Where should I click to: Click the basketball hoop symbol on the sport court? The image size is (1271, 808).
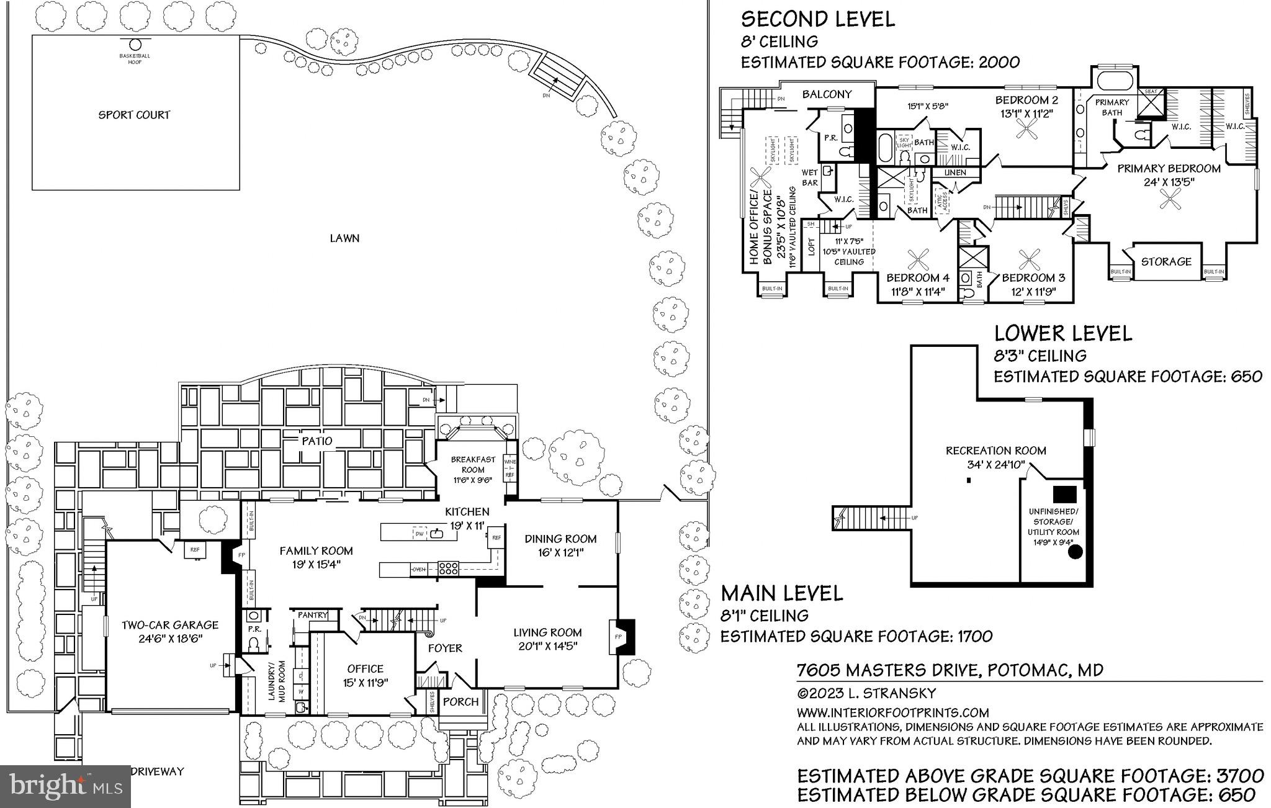pos(135,45)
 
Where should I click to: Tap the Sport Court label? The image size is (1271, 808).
pos(134,115)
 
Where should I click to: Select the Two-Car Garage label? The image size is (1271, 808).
pos(170,625)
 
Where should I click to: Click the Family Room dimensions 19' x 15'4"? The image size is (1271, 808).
pos(316,564)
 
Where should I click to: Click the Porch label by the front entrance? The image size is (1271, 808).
pos(461,702)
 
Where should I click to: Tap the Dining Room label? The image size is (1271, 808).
pos(560,539)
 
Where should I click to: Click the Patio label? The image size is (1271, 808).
pos(317,441)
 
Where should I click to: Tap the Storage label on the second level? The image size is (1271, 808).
pos(1166,262)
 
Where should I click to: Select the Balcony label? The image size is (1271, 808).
pos(827,94)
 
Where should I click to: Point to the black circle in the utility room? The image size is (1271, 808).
pos(1074,551)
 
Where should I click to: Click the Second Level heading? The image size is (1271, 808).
pos(818,19)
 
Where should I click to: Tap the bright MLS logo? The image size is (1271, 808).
pos(66,786)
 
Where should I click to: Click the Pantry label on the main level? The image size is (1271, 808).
pos(312,615)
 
